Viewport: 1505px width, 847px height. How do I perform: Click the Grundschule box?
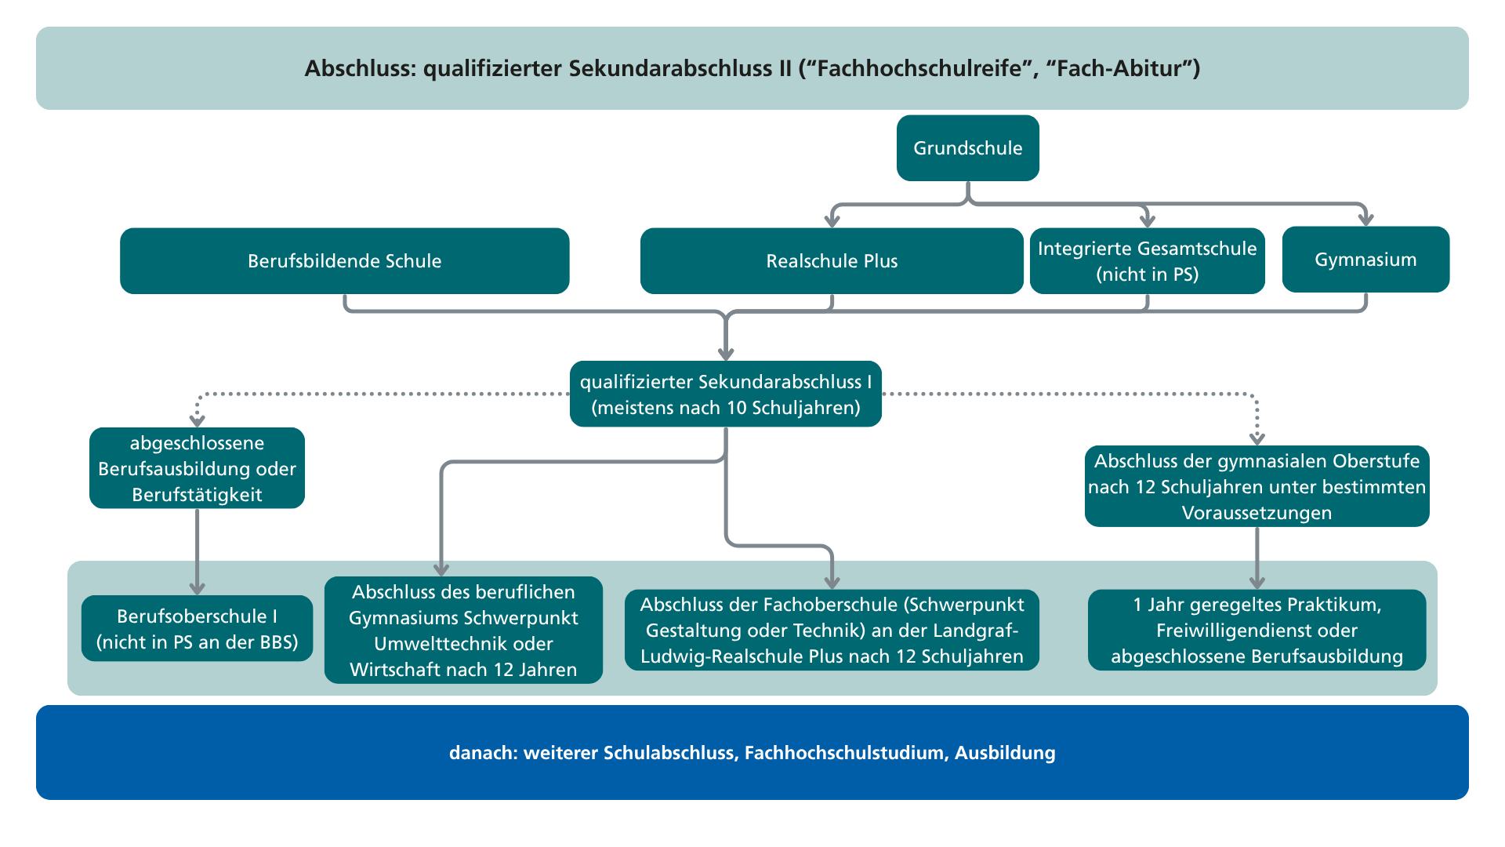click(x=968, y=148)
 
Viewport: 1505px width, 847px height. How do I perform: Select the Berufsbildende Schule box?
click(x=345, y=261)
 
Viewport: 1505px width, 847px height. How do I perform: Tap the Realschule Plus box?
click(x=832, y=261)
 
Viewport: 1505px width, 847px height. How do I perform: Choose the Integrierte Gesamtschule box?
click(x=1148, y=261)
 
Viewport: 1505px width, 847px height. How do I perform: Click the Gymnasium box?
click(x=1365, y=260)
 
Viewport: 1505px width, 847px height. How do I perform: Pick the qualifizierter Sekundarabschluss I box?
click(x=726, y=394)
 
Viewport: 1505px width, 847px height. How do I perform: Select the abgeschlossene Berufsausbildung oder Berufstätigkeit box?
click(x=197, y=468)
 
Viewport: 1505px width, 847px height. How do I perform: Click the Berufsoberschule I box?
click(x=197, y=628)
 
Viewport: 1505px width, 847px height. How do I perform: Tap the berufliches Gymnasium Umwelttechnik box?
click(x=463, y=630)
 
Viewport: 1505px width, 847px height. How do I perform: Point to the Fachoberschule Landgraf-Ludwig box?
click(x=832, y=630)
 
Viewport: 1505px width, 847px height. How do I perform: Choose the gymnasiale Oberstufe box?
click(x=1257, y=486)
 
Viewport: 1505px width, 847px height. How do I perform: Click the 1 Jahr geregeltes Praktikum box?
click(x=1257, y=630)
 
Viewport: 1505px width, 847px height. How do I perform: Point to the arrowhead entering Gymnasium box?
click(x=1366, y=220)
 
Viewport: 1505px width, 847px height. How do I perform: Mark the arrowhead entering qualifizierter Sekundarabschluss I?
click(x=726, y=354)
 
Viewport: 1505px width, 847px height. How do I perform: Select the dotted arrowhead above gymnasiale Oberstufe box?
click(x=1257, y=439)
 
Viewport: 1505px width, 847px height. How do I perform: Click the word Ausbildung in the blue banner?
click(x=1005, y=753)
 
